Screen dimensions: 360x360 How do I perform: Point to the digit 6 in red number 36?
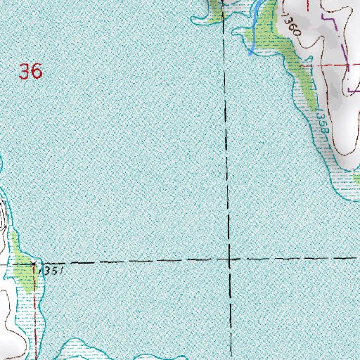37,71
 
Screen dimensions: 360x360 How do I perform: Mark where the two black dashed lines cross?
230,260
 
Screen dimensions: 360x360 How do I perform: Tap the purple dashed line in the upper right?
344,42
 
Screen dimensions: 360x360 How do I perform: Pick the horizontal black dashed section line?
141,262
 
